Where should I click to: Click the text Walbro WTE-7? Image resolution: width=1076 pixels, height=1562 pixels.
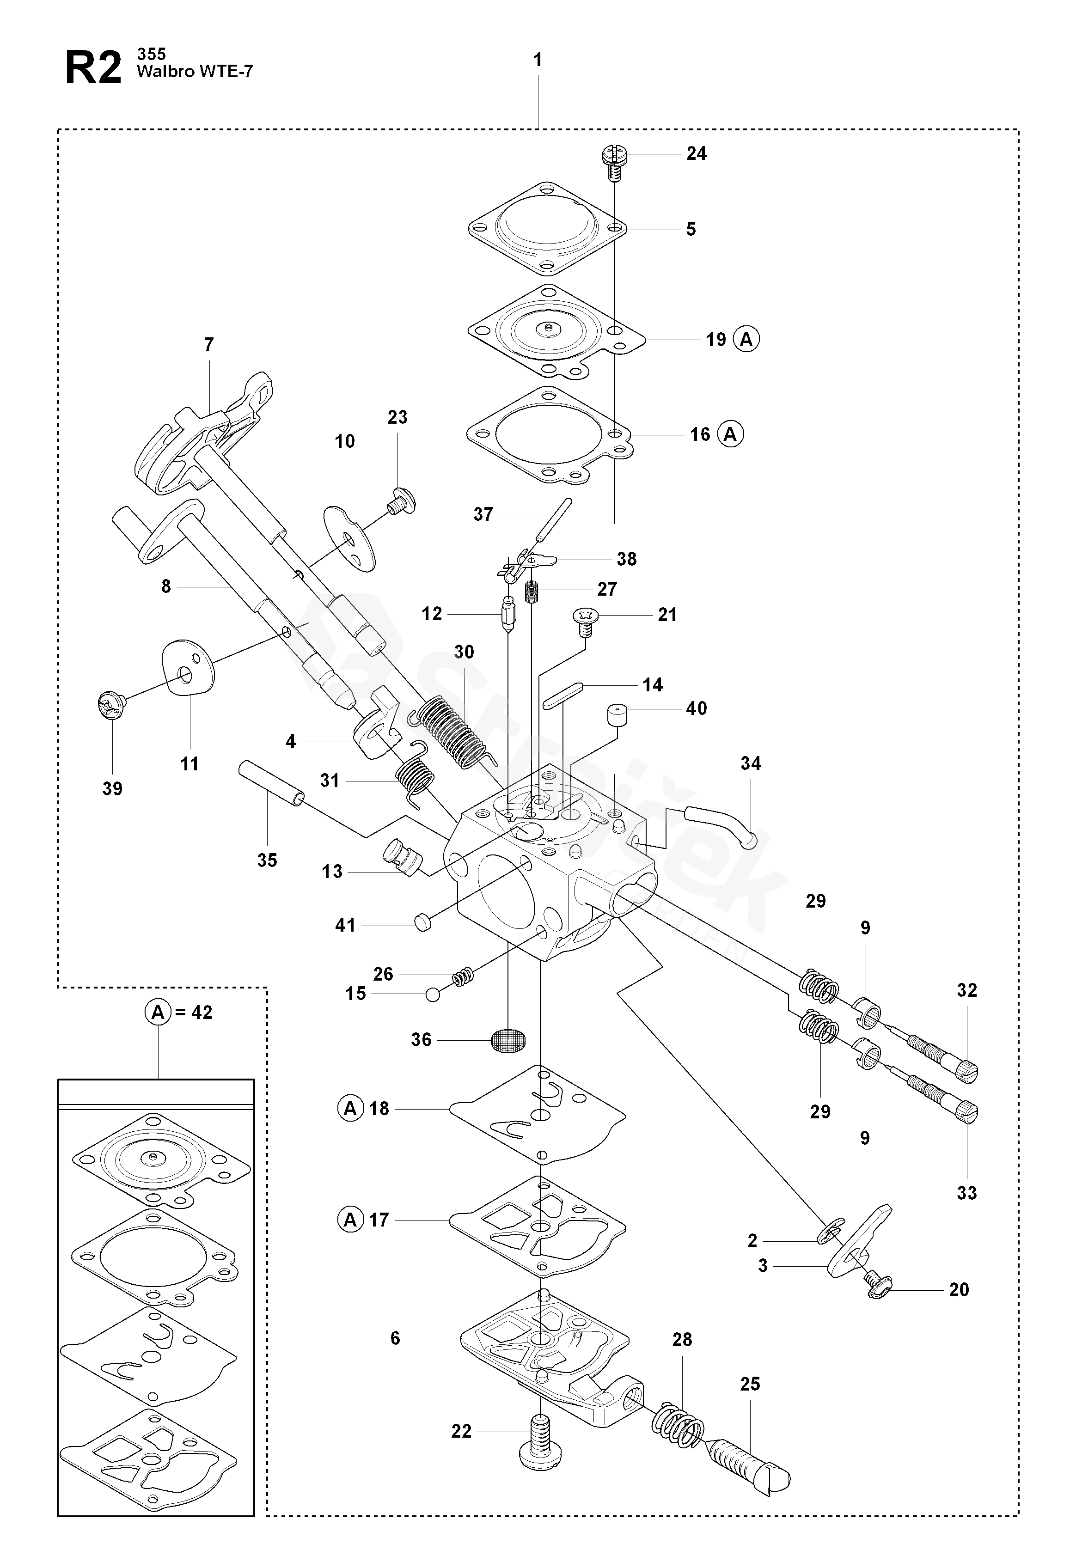tap(195, 72)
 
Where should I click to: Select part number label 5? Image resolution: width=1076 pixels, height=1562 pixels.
tap(691, 229)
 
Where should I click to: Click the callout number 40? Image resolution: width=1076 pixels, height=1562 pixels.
tap(697, 708)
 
